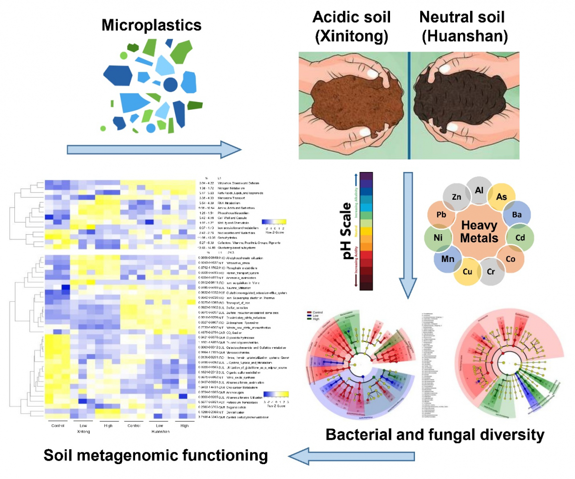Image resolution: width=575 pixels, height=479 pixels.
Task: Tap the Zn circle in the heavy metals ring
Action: click(455, 195)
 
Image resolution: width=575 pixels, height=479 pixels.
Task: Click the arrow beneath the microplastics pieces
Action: click(153, 149)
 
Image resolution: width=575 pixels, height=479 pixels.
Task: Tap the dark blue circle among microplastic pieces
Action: click(171, 85)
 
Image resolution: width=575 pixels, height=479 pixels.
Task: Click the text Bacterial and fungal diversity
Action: click(435, 434)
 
